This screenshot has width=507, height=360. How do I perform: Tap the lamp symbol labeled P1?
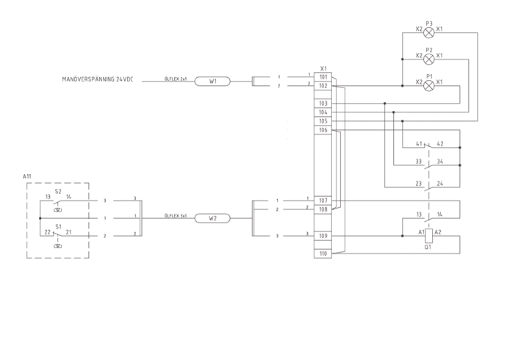tap(429, 85)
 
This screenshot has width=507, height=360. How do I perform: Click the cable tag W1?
tap(212, 82)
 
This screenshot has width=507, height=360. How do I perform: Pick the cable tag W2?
tap(212, 218)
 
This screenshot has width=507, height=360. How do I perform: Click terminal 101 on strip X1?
tap(323, 76)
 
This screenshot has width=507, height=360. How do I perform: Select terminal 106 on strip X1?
tap(323, 130)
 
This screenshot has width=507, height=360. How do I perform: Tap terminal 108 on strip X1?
tap(323, 209)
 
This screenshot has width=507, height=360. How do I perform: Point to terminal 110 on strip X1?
tap(323, 253)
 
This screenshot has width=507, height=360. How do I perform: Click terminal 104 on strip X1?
tap(323, 112)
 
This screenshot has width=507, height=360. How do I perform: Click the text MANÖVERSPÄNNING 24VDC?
tap(98, 78)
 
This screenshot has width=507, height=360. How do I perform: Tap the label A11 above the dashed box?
tap(27, 177)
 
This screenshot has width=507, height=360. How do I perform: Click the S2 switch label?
tap(58, 190)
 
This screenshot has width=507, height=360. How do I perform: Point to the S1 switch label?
tap(58, 226)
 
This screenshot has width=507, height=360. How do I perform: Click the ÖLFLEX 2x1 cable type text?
tap(175, 78)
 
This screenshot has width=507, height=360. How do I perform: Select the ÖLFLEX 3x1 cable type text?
tap(175, 216)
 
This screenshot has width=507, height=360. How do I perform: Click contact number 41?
tap(419, 144)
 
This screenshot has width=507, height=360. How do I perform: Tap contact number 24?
tap(440, 183)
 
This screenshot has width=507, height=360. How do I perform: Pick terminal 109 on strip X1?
tap(323, 236)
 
